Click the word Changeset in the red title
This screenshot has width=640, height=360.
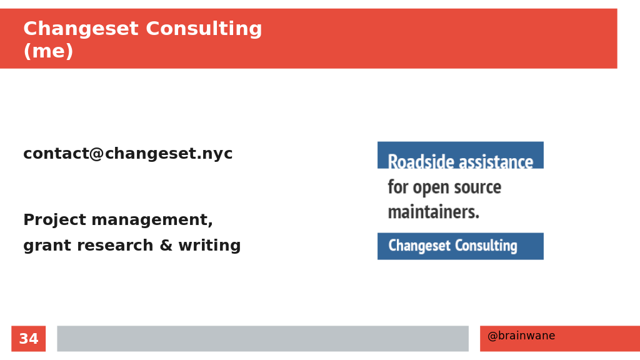81,29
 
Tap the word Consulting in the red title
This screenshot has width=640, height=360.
204,29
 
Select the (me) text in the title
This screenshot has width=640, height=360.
48,51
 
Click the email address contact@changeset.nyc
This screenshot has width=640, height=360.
127,154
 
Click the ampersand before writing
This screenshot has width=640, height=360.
166,246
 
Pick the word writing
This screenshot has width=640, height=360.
209,246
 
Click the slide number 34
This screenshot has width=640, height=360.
29,339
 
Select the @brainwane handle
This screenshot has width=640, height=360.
521,336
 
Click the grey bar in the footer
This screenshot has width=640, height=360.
263,338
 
